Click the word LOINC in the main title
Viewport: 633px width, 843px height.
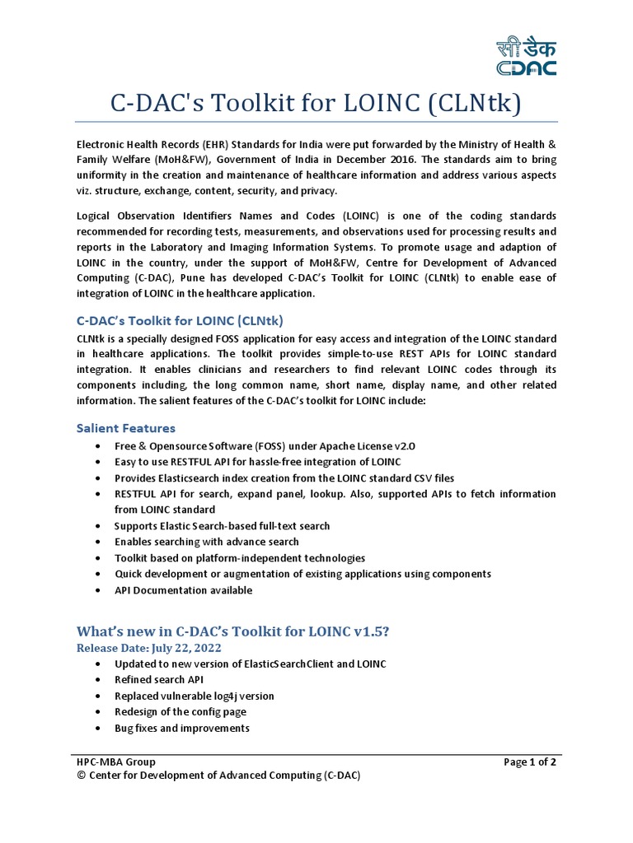tap(371, 104)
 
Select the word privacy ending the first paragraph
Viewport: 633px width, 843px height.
tap(296, 191)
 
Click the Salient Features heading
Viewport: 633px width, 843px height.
tap(125, 428)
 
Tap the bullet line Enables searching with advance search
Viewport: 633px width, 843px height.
tap(206, 542)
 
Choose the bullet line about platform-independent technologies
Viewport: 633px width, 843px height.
tap(239, 558)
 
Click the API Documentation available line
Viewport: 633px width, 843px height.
tap(183, 590)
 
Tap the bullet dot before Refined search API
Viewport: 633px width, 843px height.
tap(99, 680)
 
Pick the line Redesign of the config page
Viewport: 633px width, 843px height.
tap(180, 712)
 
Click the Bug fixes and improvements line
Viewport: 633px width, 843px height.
tap(181, 729)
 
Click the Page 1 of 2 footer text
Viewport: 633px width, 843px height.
tap(530, 762)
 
